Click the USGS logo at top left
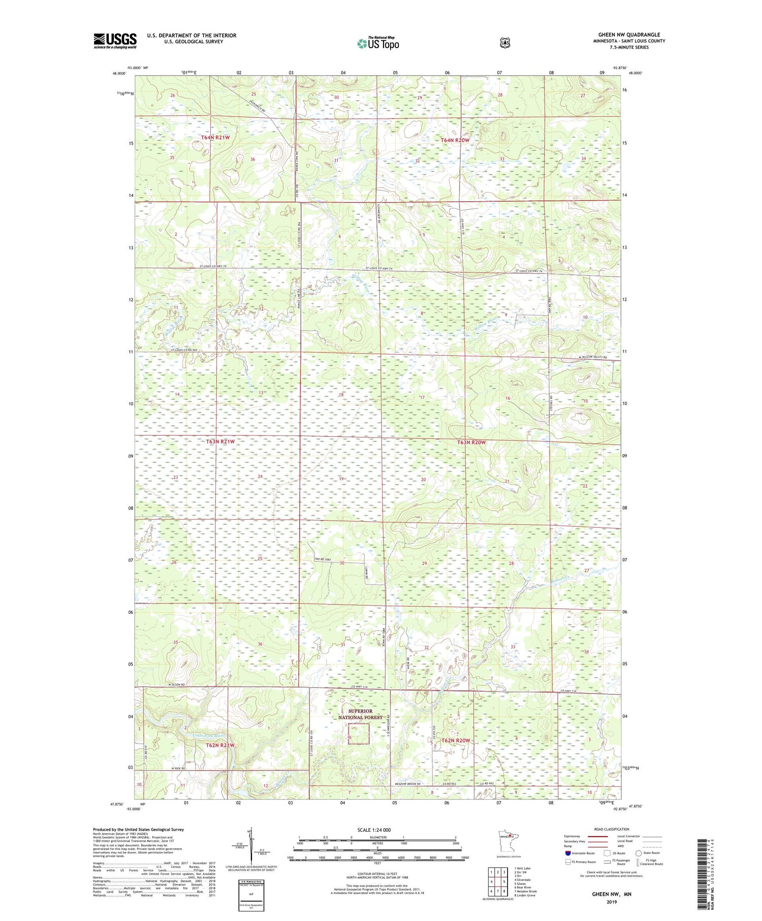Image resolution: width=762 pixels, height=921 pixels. [115, 41]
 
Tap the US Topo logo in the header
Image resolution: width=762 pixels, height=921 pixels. [378, 43]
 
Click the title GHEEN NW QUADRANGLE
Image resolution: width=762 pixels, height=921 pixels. [628, 35]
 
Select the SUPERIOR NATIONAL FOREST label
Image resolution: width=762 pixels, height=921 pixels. [360, 714]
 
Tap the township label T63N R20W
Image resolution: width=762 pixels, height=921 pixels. [471, 442]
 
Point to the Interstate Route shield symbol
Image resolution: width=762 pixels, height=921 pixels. [567, 853]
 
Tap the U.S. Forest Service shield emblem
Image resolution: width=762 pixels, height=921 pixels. [504, 43]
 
